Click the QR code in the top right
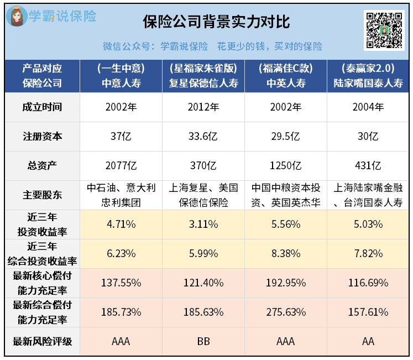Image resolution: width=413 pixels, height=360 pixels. pos(383,29)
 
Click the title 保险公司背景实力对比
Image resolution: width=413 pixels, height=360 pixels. pos(216,22)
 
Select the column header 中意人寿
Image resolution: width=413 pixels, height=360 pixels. pos(121,84)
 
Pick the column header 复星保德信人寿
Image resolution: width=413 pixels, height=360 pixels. pos(203,84)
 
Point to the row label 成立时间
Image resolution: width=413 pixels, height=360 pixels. pos(43,107)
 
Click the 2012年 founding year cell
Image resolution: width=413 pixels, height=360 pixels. pos(203,107)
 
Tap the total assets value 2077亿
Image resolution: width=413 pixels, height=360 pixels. pos(121,165)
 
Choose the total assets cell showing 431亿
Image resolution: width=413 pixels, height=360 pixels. pos(368,165)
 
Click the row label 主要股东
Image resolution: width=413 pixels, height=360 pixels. pos(43,195)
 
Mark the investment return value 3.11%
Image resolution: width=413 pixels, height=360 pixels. pos(203,224)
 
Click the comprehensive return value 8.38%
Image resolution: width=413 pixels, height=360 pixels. pos(286,253)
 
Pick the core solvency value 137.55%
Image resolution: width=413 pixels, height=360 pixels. pos(121,283)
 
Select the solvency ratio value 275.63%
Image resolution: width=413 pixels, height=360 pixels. pos(286,312)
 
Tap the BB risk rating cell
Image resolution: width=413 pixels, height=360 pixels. pos(203,341)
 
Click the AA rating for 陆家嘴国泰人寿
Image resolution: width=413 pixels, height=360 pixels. pos(368,341)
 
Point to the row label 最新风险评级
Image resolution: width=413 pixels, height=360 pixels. pos(43,341)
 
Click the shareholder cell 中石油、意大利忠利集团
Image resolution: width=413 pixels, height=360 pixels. pos(121,195)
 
